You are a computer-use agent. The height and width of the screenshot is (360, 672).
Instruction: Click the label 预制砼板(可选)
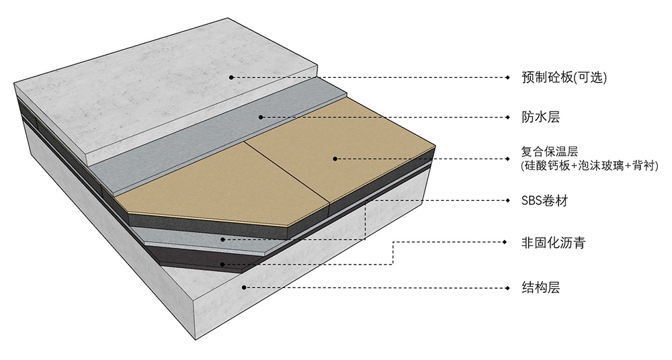point(564,77)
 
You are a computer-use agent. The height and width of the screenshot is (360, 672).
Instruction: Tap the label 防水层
point(540,117)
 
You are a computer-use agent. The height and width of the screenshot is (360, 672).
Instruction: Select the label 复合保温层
point(550,151)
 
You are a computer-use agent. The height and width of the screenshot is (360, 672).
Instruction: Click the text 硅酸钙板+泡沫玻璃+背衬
point(590,165)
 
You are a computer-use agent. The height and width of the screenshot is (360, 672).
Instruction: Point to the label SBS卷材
point(545,201)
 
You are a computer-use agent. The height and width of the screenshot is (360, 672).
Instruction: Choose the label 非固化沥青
point(553,243)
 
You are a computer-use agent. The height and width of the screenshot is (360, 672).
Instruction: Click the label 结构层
point(540,287)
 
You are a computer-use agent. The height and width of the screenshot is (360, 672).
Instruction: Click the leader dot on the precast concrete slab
point(231,77)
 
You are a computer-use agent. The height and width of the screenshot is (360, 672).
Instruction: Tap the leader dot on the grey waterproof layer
point(261,117)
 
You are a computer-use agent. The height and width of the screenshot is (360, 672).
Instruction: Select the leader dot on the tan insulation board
point(335,159)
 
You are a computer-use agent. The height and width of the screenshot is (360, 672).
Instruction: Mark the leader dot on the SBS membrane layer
point(222,239)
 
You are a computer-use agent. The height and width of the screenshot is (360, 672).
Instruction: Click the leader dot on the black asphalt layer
point(222,265)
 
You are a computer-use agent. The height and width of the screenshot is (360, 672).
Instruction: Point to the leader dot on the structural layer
point(244,287)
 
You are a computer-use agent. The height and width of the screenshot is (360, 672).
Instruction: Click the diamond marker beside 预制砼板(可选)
point(508,77)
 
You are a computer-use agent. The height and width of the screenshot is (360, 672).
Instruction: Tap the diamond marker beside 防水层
point(508,117)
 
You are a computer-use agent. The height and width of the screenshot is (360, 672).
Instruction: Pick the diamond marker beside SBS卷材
point(508,200)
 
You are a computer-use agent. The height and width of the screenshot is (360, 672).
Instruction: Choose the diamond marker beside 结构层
point(508,287)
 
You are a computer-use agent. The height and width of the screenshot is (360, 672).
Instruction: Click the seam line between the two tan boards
point(287,171)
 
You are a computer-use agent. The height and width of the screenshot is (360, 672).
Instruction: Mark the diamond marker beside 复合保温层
point(508,159)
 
